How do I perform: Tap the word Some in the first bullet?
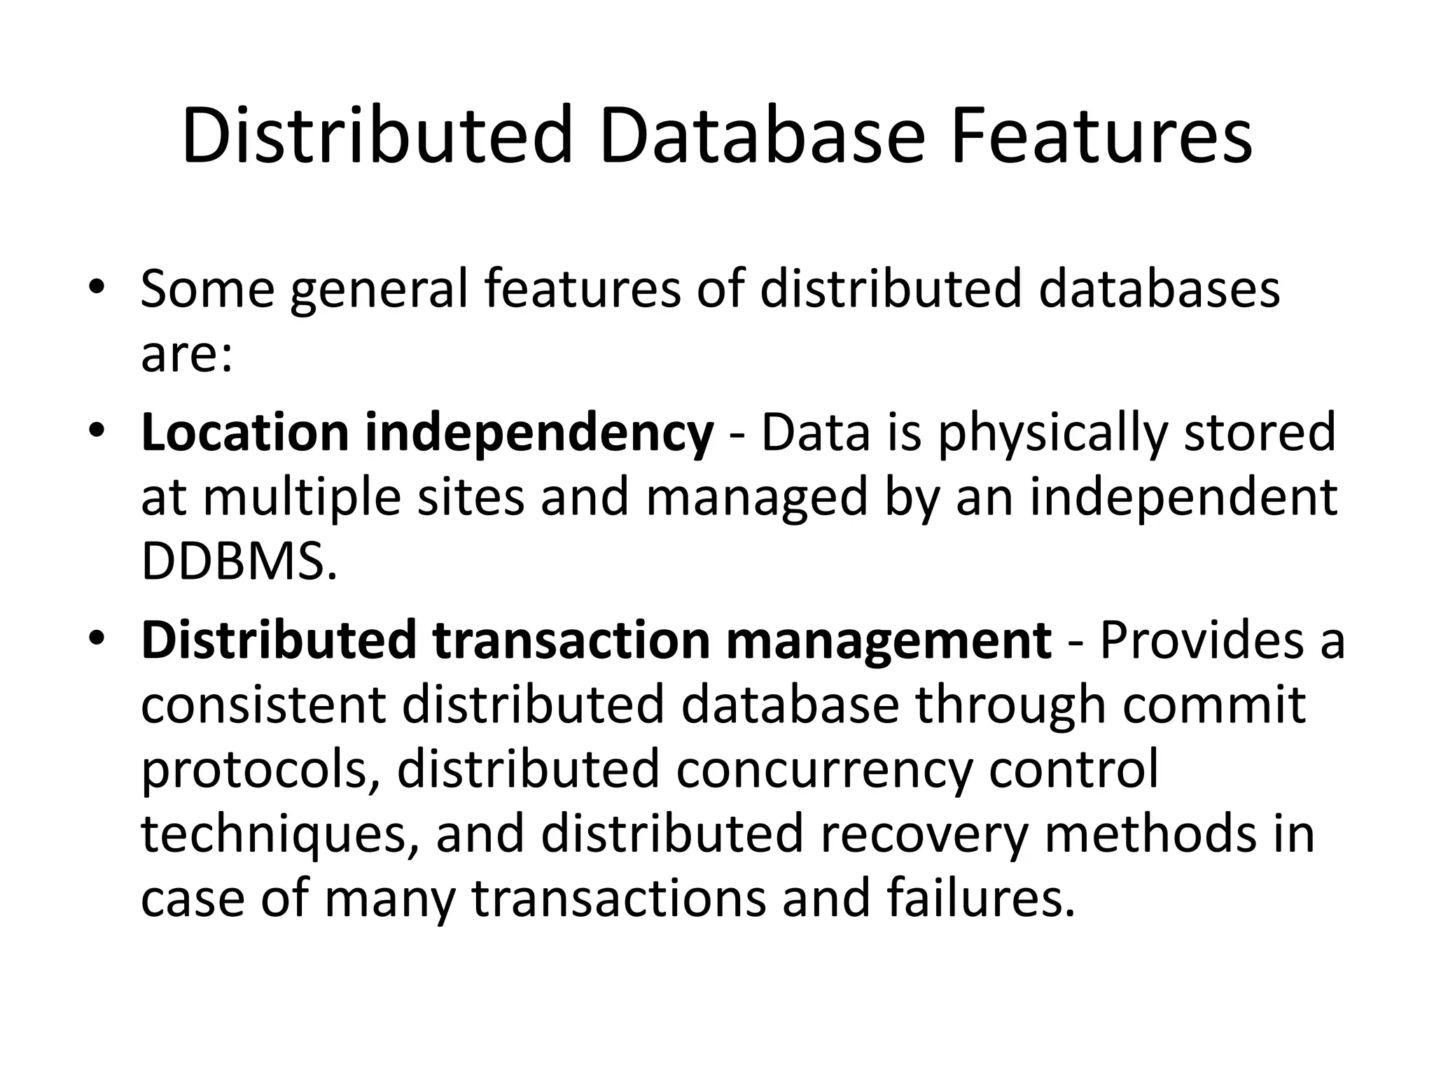click(207, 288)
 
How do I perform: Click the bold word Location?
click(244, 433)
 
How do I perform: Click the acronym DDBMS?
click(239, 561)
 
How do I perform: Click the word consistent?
click(263, 704)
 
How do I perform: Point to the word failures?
click(980, 898)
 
